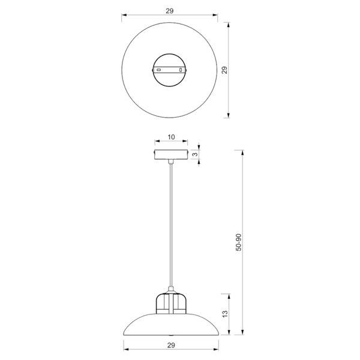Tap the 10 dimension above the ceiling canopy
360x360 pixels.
click(171, 137)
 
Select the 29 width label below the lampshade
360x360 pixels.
click(171, 345)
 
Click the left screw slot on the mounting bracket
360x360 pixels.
click(159, 70)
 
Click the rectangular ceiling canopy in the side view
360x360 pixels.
click(171, 155)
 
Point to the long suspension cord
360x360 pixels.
click(171, 228)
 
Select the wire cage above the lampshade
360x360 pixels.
click(171, 303)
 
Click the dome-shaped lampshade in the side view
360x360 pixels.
click(171, 324)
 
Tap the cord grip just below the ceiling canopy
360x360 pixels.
click(171, 163)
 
